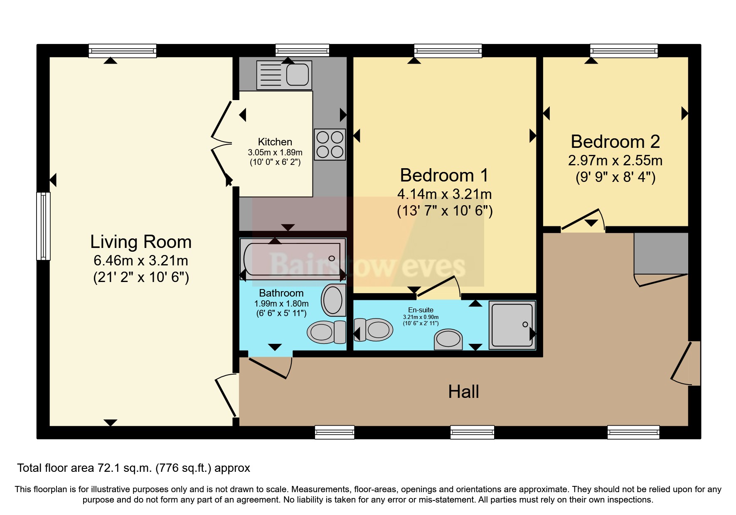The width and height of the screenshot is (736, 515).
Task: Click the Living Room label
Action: coord(141,242)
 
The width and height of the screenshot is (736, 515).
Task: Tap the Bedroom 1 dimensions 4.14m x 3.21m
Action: coord(444,194)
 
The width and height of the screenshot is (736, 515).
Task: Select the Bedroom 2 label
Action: coord(615,142)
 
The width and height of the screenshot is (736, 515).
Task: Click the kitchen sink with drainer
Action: coord(284,75)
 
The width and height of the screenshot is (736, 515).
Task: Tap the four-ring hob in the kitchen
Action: coord(330,145)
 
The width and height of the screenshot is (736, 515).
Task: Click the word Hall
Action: coord(463,392)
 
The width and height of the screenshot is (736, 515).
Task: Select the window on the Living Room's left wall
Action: coord(43,226)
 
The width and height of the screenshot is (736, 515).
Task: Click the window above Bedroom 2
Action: coord(624,51)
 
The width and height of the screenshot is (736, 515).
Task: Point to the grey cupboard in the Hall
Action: coord(661,253)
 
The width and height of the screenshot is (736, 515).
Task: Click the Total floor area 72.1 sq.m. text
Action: coord(133,468)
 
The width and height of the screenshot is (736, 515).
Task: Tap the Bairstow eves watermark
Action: coord(367,266)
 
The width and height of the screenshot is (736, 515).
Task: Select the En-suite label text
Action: coord(421,310)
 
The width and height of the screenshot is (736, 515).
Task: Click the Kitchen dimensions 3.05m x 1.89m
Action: coord(275,152)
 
